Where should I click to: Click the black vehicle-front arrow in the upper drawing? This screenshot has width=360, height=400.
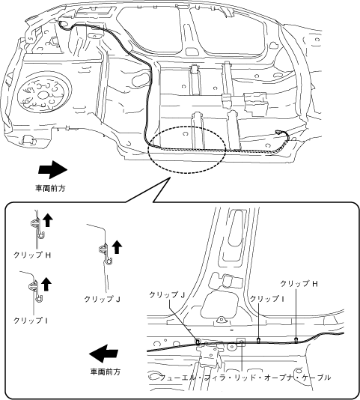pyautogui.click(x=53, y=169)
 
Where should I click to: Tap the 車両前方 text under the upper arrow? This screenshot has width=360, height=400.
pyautogui.click(x=50, y=188)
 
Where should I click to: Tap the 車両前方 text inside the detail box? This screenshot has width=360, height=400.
pyautogui.click(x=106, y=372)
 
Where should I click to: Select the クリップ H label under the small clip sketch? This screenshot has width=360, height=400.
pyautogui.click(x=32, y=255)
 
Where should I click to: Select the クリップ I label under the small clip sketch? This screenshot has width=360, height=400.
pyautogui.click(x=31, y=321)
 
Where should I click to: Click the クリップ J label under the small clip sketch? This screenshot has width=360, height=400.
pyautogui.click(x=103, y=299)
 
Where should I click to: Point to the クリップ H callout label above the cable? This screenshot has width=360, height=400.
pyautogui.click(x=299, y=284)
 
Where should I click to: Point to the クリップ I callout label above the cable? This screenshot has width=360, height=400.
pyautogui.click(x=267, y=299)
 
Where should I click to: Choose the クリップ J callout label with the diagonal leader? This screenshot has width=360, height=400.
pyautogui.click(x=167, y=295)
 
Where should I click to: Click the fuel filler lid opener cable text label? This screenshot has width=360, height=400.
pyautogui.click(x=245, y=378)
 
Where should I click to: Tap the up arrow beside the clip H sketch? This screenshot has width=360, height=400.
pyautogui.click(x=48, y=220)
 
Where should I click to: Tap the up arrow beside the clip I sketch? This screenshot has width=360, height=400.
pyautogui.click(x=46, y=284)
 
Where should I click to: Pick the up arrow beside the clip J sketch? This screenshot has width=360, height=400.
pyautogui.click(x=117, y=247)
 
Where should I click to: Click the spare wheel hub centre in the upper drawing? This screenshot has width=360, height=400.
pyautogui.click(x=42, y=95)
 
